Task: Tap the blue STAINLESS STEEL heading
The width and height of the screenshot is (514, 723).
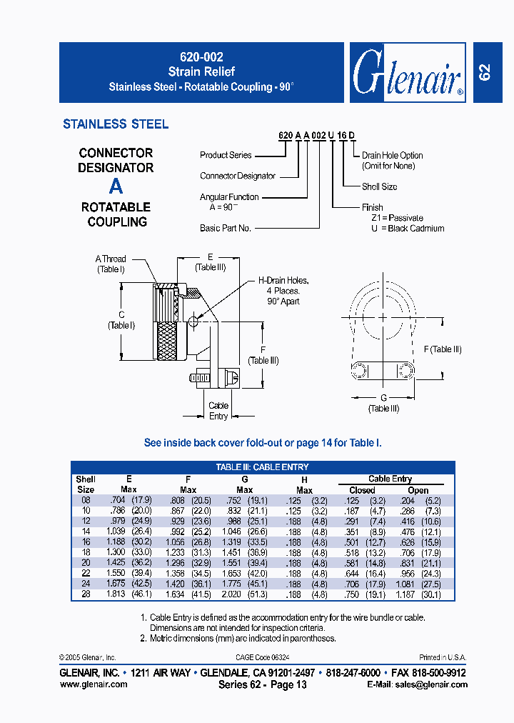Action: click(x=116, y=124)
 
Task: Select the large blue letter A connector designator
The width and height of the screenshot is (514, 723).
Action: click(x=116, y=186)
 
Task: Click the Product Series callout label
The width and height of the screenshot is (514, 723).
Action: click(x=226, y=155)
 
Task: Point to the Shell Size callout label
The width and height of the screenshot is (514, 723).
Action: click(x=379, y=186)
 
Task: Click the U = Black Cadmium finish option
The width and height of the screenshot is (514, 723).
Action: click(x=408, y=229)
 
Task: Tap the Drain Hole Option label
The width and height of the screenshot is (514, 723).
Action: click(x=392, y=155)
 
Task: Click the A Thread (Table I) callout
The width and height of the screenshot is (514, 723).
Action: click(x=111, y=264)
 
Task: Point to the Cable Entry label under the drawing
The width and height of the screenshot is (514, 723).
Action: click(x=218, y=411)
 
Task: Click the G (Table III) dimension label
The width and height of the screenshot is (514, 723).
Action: click(x=383, y=403)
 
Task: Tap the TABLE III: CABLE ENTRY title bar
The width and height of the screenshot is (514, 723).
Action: click(x=262, y=467)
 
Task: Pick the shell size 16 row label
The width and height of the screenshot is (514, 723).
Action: click(x=86, y=542)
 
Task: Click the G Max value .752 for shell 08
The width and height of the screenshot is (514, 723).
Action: click(x=232, y=501)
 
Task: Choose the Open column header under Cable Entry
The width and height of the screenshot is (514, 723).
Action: click(x=418, y=490)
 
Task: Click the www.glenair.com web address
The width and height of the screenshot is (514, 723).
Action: click(x=94, y=684)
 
